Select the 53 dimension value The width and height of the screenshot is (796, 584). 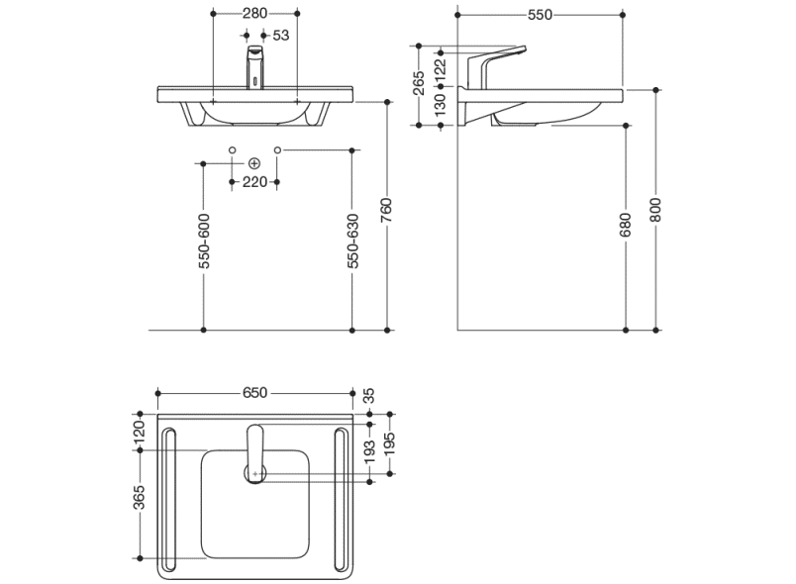pos(280,35)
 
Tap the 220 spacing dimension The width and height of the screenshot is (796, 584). pos(254,181)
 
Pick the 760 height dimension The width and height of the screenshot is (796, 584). pos(387,212)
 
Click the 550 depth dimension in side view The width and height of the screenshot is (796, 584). pos(540,14)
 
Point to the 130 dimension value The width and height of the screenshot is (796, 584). pos(441,104)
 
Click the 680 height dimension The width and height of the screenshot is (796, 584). pos(625,229)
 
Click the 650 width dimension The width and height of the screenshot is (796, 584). pos(255,392)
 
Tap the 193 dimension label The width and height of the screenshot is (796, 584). pos(369,453)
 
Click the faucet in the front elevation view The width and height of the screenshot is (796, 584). pos(254,67)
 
